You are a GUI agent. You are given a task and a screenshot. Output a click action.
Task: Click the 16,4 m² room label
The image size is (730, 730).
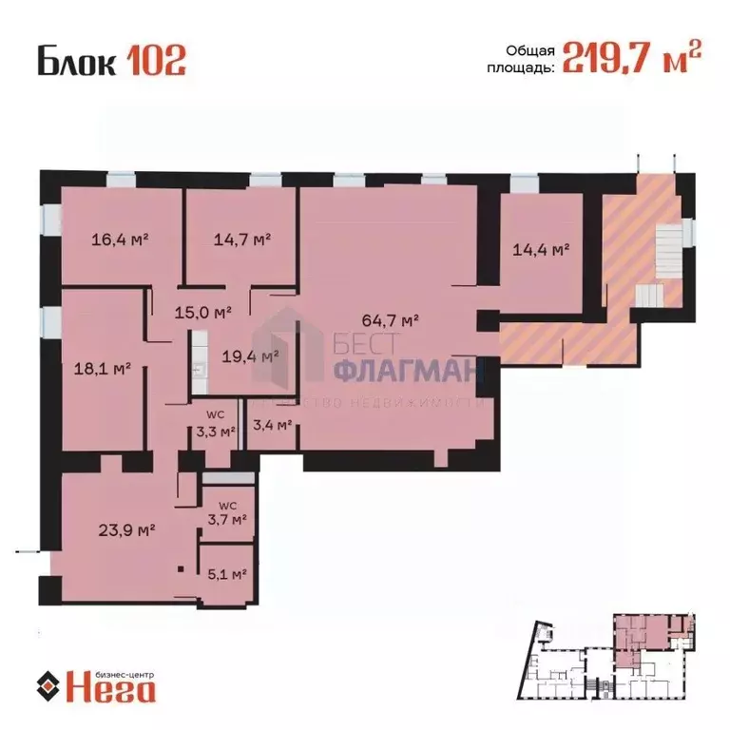click(121, 240)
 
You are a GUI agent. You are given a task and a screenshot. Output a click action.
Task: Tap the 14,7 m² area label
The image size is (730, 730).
click(241, 240)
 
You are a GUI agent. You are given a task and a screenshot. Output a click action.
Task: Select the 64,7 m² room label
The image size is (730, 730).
click(390, 320)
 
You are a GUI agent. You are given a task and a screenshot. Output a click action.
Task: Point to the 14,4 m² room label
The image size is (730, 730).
click(540, 250)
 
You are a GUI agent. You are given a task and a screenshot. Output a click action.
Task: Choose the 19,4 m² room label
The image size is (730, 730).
click(248, 356)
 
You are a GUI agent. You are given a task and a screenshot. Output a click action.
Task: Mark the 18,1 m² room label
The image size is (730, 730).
click(102, 365)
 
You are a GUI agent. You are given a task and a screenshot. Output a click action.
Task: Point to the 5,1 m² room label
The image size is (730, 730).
click(226, 574)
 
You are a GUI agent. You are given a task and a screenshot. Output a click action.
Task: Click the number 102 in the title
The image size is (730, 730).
click(152, 61)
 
